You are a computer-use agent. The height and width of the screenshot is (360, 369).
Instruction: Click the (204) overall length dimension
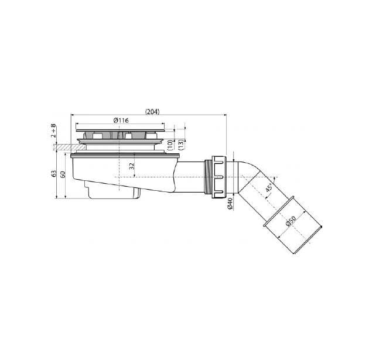click(x=152, y=112)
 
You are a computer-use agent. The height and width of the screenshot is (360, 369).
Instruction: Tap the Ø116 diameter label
click(x=121, y=121)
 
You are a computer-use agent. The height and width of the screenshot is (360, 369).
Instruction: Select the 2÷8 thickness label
click(x=54, y=131)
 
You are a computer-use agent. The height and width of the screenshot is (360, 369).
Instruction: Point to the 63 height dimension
click(x=54, y=173)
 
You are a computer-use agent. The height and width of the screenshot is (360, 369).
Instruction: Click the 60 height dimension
click(x=63, y=174)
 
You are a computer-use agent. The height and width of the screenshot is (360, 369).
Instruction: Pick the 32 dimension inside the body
click(x=132, y=166)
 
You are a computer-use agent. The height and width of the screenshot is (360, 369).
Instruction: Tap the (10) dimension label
click(x=170, y=145)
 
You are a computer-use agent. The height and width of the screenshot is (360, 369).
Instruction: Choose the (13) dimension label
click(x=181, y=145)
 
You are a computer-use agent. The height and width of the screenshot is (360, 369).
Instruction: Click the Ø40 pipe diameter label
click(x=230, y=204)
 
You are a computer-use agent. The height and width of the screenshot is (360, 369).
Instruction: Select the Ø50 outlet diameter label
click(x=291, y=221)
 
